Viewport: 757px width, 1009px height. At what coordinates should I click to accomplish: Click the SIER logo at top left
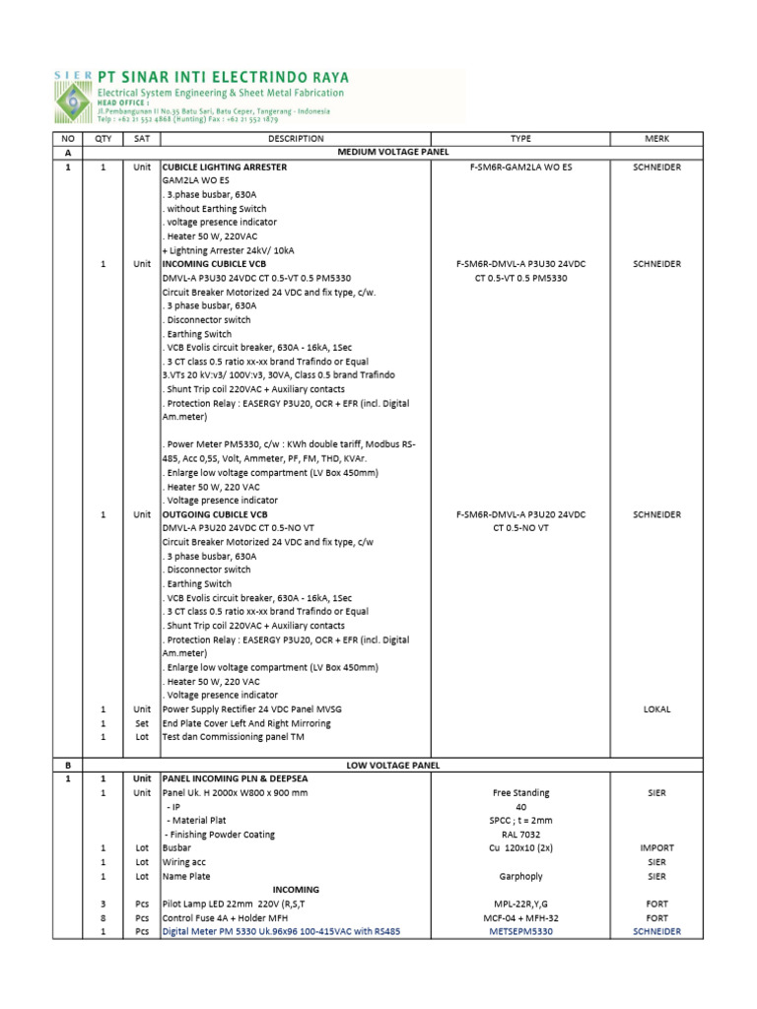72,95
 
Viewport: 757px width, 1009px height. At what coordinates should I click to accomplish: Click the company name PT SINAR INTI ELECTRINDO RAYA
222,76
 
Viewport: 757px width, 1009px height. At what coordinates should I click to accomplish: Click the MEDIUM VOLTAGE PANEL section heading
392,153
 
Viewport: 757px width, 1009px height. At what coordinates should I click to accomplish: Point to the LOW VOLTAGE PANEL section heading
392,765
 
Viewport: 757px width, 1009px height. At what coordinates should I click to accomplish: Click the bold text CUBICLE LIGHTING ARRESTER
225,168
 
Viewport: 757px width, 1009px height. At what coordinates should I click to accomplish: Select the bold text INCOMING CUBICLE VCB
214,264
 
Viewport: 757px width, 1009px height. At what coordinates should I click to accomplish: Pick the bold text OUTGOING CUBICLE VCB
215,514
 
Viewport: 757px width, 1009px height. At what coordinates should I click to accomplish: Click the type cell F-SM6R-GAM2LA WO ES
520,168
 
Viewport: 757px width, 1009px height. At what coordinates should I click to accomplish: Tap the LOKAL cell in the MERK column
656,709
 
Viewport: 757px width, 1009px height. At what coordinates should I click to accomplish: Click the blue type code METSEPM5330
520,931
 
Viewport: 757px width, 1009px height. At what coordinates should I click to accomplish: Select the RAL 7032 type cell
520,834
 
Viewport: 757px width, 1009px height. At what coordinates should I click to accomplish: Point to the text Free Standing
520,792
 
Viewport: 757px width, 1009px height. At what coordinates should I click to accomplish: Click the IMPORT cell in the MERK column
656,847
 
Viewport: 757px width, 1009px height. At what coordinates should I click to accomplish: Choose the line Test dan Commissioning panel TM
233,737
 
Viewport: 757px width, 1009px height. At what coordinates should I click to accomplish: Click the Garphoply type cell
520,876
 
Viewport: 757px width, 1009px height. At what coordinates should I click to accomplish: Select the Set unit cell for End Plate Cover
142,723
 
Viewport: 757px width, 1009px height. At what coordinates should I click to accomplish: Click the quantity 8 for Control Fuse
103,917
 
